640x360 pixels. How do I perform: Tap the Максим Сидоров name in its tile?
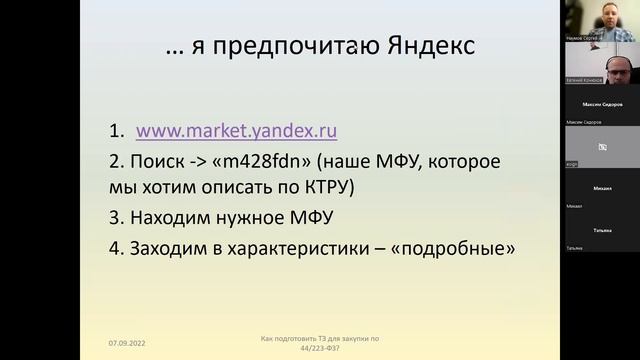pyautogui.click(x=600, y=103)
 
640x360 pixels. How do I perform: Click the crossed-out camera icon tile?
pyautogui.click(x=602, y=147)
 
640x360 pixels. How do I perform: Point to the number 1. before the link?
pyautogui.click(x=117, y=130)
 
